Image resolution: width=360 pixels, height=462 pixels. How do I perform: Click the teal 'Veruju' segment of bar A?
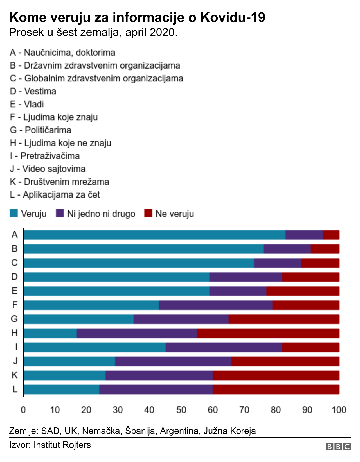coord(155,235)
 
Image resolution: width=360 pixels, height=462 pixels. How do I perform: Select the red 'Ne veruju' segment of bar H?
coord(268,333)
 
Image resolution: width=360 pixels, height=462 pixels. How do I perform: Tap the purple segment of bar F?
coord(215,305)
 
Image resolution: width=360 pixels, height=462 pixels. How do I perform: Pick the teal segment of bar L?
coord(62,389)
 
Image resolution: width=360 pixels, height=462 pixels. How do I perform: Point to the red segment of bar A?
coord(331,235)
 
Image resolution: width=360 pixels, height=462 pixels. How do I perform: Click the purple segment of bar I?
coord(224,347)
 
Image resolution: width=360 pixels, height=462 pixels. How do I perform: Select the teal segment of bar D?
coord(117,277)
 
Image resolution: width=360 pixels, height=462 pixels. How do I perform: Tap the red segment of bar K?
coord(276,375)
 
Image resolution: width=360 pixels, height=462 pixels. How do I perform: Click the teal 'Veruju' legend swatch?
coord(14,213)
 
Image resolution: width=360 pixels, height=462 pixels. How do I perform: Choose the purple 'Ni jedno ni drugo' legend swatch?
coord(60,213)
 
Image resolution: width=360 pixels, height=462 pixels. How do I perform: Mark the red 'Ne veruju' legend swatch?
coord(148,213)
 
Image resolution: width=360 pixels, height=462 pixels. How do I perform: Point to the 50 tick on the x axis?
coord(181,410)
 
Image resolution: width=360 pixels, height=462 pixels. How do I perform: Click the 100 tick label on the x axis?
coord(339,410)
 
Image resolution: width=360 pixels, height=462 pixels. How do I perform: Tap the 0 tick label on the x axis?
coord(23,410)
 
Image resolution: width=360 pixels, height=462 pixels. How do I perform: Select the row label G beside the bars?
coord(14,319)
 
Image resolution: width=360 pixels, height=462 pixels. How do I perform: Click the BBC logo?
coord(338,447)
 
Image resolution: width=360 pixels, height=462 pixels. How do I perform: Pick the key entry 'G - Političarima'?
coord(40,130)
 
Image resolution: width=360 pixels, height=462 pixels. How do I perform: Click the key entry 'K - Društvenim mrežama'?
coord(59,182)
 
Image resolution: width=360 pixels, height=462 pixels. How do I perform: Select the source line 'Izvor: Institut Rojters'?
coord(50,445)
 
